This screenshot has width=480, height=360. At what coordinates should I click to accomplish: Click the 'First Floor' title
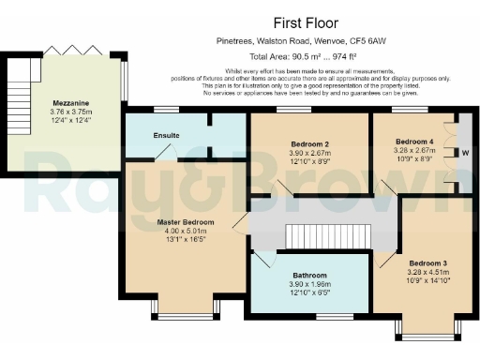[x=306, y=22]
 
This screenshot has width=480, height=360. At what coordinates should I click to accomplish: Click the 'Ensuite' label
[x=167, y=135]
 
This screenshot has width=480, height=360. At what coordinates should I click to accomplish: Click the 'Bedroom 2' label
[x=307, y=144]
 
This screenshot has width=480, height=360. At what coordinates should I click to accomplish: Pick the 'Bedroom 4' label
[x=414, y=142]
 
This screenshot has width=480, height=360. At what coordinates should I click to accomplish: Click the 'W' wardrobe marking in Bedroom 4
[x=465, y=152]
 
